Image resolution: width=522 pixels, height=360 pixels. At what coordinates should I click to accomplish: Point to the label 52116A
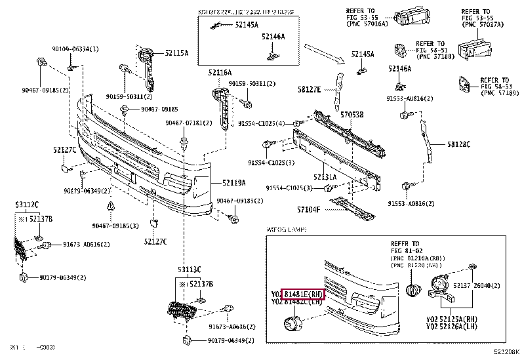tap(220, 72)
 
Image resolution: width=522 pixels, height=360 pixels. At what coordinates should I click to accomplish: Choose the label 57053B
tap(351, 114)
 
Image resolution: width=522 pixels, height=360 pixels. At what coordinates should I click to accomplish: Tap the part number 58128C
tap(459, 144)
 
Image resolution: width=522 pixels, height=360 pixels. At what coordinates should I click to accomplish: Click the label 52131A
tap(325, 176)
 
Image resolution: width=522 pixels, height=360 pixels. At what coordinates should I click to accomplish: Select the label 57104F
tap(308, 209)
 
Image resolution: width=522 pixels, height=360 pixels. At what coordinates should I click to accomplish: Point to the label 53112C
tap(27, 205)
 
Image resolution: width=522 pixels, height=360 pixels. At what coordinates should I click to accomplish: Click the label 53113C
tap(188, 270)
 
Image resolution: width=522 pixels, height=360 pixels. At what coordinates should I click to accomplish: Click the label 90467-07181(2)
tap(188, 123)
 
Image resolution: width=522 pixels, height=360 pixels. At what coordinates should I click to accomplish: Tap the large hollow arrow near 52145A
tap(324, 53)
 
